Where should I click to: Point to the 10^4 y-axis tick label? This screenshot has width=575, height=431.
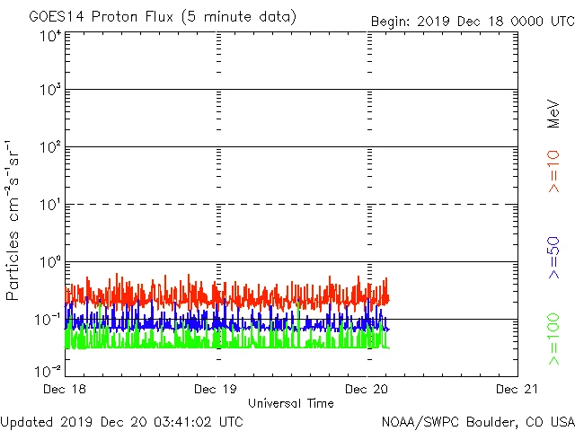pyautogui.click(x=50, y=36)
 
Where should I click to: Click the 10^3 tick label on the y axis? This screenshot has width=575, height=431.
pyautogui.click(x=50, y=91)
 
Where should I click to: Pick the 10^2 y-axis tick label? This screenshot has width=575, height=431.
pyautogui.click(x=50, y=147)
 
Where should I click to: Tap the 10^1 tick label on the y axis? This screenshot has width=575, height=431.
pyautogui.click(x=50, y=205)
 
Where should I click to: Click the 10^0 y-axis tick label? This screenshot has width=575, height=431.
pyautogui.click(x=50, y=262)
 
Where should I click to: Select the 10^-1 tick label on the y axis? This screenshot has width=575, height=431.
pyautogui.click(x=49, y=320)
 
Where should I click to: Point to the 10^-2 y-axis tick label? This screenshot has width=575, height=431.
pyautogui.click(x=49, y=369)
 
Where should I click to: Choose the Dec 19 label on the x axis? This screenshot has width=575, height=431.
pyautogui.click(x=217, y=389)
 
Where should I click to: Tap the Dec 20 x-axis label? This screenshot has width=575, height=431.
pyautogui.click(x=367, y=389)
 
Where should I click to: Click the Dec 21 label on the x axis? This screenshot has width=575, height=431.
pyautogui.click(x=517, y=389)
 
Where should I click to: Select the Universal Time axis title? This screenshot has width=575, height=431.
pyautogui.click(x=290, y=403)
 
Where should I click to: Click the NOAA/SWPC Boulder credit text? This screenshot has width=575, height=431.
pyautogui.click(x=477, y=420)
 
